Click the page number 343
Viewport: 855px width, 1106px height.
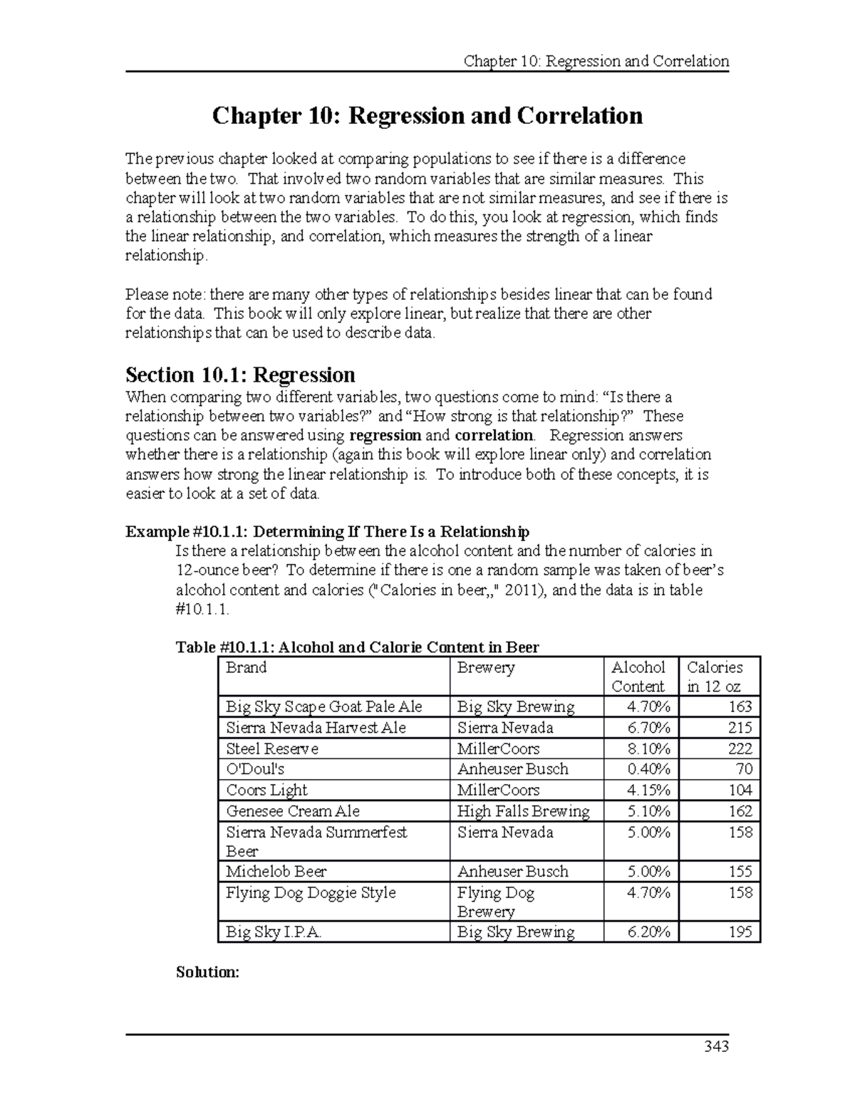716,1046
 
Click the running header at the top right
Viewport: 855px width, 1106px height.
596,61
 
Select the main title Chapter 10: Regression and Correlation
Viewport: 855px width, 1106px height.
427,115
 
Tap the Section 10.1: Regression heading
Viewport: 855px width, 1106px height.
240,375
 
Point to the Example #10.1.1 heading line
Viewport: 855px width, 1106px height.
327,532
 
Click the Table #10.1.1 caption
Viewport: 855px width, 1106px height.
357,647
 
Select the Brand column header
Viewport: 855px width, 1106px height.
246,667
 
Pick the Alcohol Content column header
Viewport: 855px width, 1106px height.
638,677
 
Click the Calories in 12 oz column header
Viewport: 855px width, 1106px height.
714,677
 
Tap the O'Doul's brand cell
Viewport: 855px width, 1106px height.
255,769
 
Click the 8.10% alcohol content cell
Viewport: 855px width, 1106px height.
648,748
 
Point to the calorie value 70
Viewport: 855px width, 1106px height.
744,769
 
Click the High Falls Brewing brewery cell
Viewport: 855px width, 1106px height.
523,811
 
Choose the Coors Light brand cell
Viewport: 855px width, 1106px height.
266,790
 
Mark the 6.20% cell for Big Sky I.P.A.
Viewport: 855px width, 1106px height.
648,932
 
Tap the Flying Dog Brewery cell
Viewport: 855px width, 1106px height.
496,902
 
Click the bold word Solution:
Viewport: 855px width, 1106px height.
207,972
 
